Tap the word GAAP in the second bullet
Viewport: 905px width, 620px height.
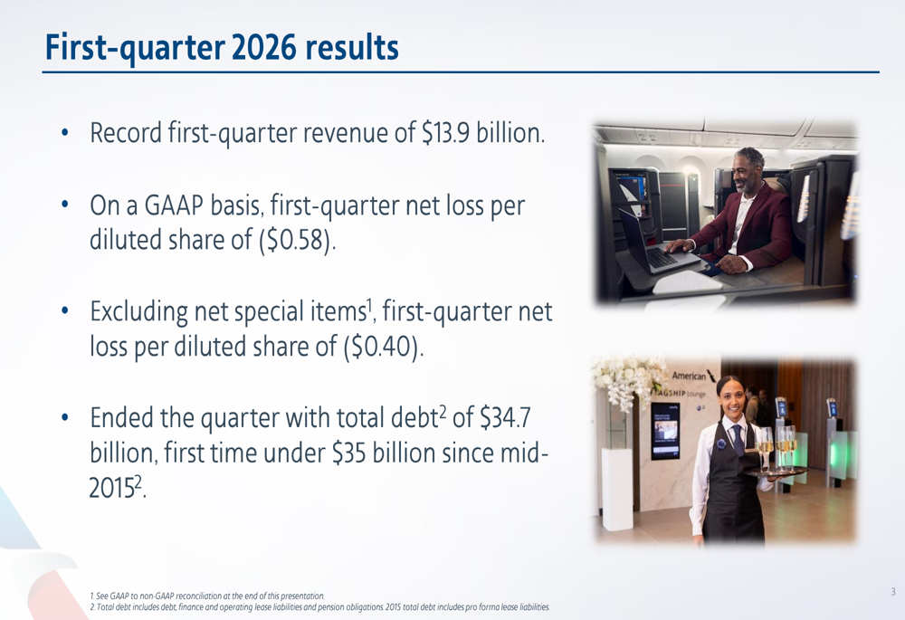[175, 206]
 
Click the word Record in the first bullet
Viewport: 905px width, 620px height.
[126, 135]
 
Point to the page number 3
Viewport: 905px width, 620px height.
[892, 592]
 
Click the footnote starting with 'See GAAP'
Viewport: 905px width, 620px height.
[207, 595]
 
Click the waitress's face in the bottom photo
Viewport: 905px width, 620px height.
[729, 396]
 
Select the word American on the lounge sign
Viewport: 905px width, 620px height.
[688, 375]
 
